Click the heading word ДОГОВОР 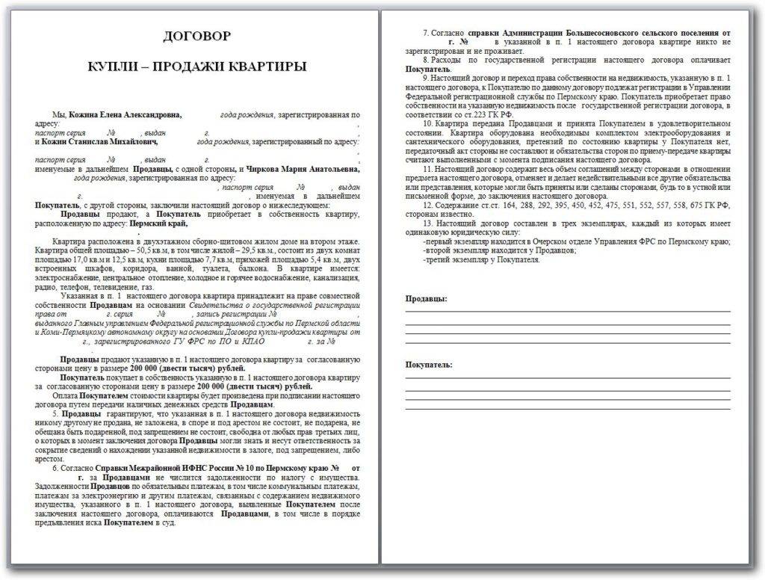coord(197,35)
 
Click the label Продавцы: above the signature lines coord(427,299)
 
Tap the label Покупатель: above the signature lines coord(429,364)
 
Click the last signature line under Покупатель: coord(568,409)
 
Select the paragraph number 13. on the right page coord(427,223)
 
